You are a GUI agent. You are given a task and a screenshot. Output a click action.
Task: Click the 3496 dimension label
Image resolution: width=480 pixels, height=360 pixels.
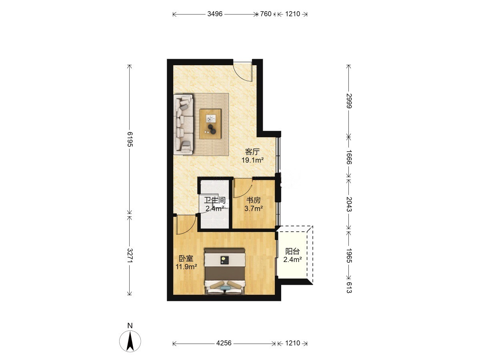pyautogui.click(x=215, y=14)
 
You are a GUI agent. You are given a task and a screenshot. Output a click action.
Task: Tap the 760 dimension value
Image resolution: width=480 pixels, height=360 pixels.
pyautogui.click(x=266, y=14)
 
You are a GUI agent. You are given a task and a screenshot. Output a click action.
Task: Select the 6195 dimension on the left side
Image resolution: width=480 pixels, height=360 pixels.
pyautogui.click(x=130, y=139)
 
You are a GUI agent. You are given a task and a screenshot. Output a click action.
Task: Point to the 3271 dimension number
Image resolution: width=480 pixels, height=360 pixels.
pyautogui.click(x=130, y=256)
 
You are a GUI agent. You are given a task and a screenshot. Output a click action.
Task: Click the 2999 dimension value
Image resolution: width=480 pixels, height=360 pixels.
pyautogui.click(x=349, y=101)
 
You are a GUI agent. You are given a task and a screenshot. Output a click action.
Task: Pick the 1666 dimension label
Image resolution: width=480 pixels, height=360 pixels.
pyautogui.click(x=349, y=157)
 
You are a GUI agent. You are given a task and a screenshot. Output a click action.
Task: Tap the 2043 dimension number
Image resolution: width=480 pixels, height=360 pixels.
pyautogui.click(x=349, y=204)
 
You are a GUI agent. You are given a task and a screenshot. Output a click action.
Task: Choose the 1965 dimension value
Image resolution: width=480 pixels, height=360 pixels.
pyautogui.click(x=349, y=256)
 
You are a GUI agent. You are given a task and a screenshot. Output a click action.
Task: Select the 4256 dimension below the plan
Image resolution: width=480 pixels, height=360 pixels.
pyautogui.click(x=224, y=343)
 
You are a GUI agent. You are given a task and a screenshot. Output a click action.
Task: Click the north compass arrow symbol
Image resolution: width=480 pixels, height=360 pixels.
pyautogui.click(x=130, y=341)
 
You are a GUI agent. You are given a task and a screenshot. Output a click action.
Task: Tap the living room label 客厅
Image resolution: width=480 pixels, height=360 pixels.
pyautogui.click(x=252, y=152)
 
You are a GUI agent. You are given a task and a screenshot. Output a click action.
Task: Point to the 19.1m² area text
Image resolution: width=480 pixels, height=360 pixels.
pyautogui.click(x=252, y=160)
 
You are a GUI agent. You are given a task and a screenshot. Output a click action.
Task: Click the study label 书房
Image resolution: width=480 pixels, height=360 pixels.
pyautogui.click(x=254, y=200)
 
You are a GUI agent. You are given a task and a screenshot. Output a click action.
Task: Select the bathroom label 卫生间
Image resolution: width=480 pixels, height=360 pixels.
pyautogui.click(x=215, y=200)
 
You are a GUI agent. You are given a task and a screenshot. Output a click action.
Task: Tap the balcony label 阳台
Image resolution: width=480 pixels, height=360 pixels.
pyautogui.click(x=292, y=251)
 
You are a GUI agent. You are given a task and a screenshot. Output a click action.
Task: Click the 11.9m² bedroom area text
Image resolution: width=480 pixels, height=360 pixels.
pyautogui.click(x=186, y=267)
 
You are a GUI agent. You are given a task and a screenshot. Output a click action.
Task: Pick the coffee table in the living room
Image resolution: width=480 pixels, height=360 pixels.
pyautogui.click(x=210, y=124)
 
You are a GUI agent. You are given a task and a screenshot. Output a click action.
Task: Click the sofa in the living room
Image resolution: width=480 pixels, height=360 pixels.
pyautogui.click(x=184, y=124)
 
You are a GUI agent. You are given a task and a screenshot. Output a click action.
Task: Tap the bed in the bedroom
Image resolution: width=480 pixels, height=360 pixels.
pyautogui.click(x=225, y=271)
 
